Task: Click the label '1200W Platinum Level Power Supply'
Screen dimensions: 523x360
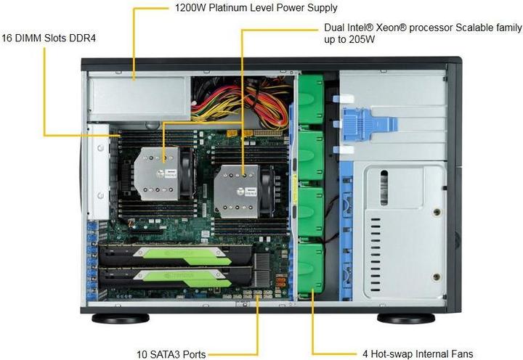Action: tap(256, 8)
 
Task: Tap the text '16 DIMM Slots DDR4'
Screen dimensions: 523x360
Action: tap(49, 38)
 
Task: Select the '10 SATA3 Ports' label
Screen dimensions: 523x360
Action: tap(171, 354)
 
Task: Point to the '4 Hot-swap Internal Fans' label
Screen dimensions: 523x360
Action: tap(418, 353)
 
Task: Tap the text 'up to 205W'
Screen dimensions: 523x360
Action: tap(349, 39)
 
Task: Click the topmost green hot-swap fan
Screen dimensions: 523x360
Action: tap(311, 99)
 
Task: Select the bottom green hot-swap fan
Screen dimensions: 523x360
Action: tap(311, 269)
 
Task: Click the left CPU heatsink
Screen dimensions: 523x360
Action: tap(157, 173)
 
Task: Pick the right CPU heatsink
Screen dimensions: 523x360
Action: tap(237, 192)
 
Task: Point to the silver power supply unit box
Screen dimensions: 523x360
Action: tap(139, 99)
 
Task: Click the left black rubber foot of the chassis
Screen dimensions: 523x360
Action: tap(121, 319)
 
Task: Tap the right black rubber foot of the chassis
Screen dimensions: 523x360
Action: tap(406, 319)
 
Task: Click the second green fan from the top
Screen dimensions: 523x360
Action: tap(311, 155)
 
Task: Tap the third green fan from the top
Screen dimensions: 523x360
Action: tap(311, 212)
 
